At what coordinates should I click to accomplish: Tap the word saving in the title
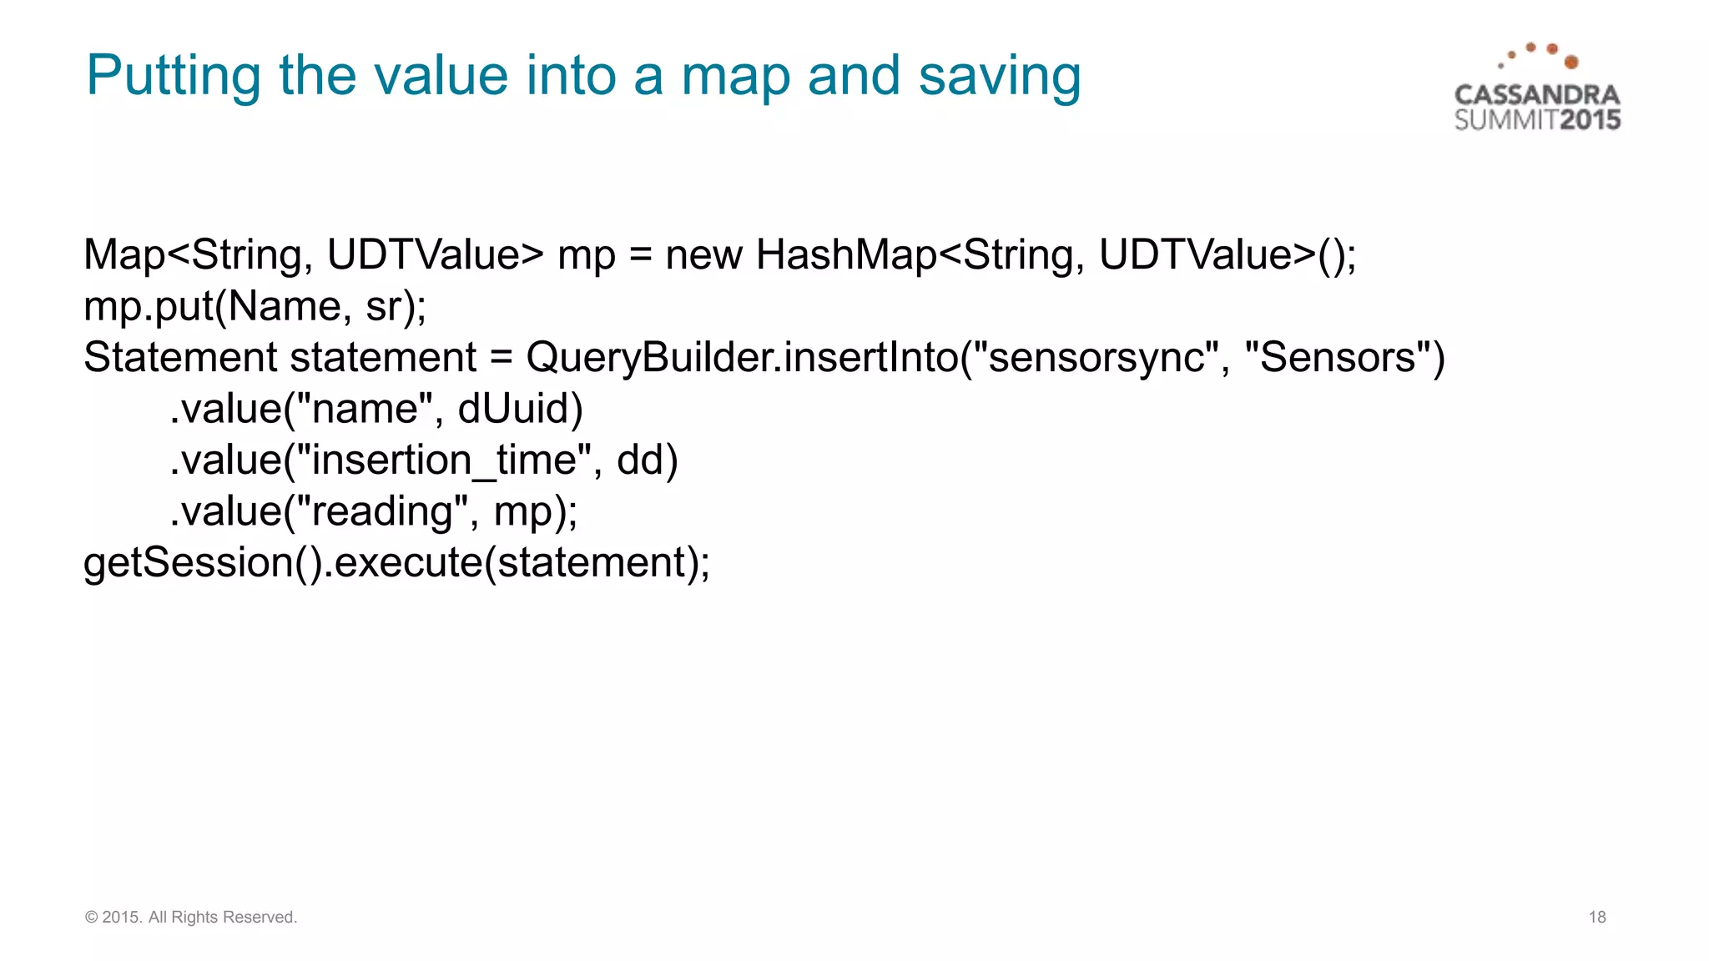[x=999, y=77]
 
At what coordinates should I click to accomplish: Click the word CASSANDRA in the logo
[x=1537, y=95]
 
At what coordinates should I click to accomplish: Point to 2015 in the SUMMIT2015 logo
[x=1590, y=120]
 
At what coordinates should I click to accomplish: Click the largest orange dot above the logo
[x=1571, y=62]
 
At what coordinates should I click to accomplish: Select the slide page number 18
[x=1596, y=917]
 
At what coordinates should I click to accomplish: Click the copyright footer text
[x=191, y=917]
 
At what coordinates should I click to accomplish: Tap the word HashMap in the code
[x=846, y=254]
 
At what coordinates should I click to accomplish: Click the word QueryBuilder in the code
[x=653, y=358]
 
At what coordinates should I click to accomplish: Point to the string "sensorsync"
[x=1096, y=358]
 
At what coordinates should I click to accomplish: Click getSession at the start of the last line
[x=189, y=563]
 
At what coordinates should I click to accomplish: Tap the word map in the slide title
[x=734, y=77]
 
